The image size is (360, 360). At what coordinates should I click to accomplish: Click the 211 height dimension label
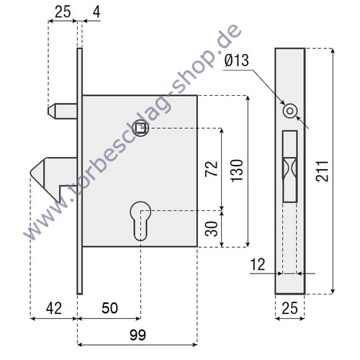(x=343, y=170)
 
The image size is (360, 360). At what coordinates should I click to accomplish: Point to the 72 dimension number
(x=212, y=169)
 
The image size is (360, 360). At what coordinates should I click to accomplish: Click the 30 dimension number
(x=212, y=228)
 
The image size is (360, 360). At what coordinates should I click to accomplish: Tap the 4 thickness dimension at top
(x=96, y=12)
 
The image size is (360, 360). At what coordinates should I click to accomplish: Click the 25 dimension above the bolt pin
(x=63, y=12)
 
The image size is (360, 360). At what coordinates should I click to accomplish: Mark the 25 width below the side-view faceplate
(x=291, y=309)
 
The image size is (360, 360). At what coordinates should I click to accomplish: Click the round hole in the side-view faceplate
(x=290, y=110)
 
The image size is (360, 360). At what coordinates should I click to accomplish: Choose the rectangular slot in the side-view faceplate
(x=290, y=166)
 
